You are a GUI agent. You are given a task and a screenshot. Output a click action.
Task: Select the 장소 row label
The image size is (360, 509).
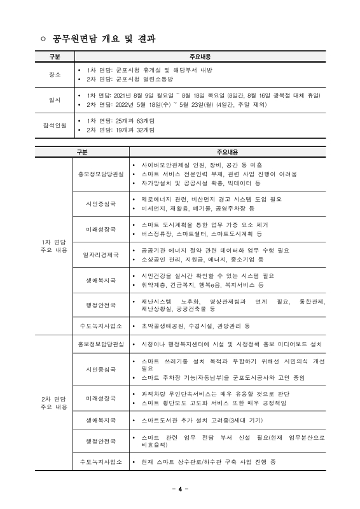click(55, 74)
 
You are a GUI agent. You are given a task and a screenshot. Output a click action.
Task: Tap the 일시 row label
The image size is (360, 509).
click(55, 100)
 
